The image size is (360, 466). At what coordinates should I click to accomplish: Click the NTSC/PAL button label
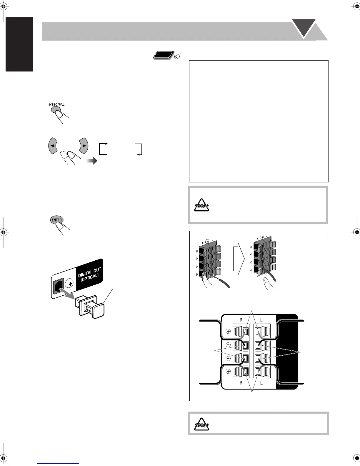pos(56,104)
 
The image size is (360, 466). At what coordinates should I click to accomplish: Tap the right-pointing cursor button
pos(84,145)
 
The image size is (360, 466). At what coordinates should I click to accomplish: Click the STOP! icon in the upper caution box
pos(202,206)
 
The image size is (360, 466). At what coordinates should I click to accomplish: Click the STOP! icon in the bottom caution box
pos(202,425)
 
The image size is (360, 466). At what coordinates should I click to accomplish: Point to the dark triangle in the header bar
pos(304,27)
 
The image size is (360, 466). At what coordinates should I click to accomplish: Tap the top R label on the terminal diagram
pos(241,320)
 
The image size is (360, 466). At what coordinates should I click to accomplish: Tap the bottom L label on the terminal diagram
pos(261,383)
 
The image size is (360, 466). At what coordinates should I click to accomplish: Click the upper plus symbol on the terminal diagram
pos(228,331)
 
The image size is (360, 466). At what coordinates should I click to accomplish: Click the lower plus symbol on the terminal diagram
pos(228,372)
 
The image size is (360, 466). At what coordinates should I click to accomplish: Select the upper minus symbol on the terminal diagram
pos(228,345)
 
